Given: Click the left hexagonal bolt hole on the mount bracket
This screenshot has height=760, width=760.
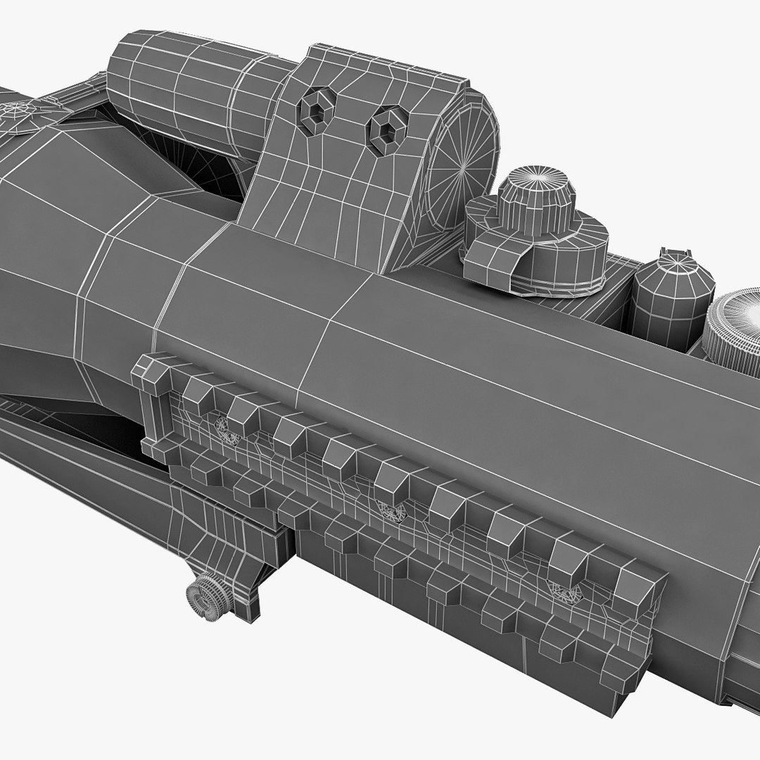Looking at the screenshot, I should pyautogui.click(x=314, y=110).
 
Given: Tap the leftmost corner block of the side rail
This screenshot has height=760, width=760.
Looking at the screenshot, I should pyautogui.click(x=148, y=373).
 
